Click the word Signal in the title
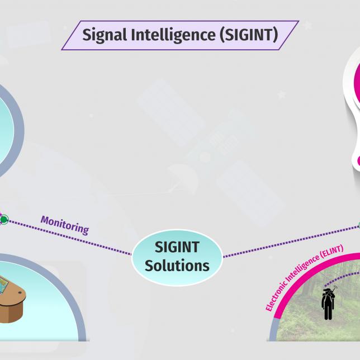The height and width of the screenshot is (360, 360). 103,35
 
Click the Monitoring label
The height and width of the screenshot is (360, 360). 64,224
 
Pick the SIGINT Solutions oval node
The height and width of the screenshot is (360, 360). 177,256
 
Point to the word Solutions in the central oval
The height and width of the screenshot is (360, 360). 177,265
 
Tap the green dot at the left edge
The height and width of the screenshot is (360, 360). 4,220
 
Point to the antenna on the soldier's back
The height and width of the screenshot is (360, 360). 333,290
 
